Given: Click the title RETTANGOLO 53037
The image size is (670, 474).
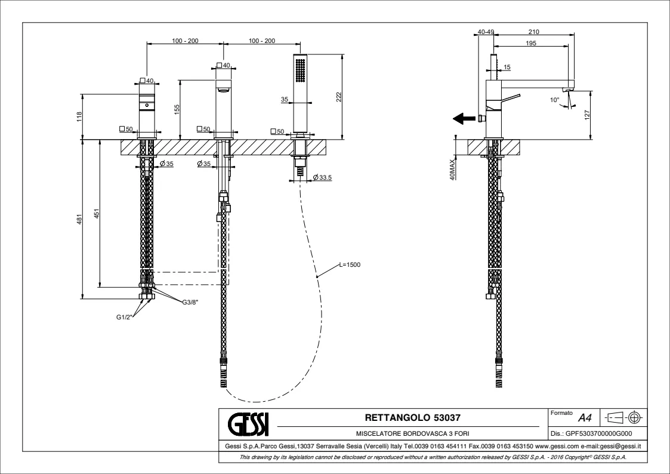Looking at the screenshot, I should point(412,417).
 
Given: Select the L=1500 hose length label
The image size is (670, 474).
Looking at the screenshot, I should point(350,264).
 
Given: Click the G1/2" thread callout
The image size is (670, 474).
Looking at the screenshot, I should point(125,317).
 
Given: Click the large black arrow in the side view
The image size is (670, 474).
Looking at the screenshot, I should point(464,118).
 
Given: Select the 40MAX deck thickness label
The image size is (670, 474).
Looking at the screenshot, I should point(453,170).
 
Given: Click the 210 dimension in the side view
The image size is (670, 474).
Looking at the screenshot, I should point(534,32).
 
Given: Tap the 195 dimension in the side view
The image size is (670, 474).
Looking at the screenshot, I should point(531,44).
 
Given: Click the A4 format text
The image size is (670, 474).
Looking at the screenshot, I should point(577,418).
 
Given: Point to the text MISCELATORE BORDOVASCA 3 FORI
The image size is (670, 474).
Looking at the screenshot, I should point(412,433).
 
